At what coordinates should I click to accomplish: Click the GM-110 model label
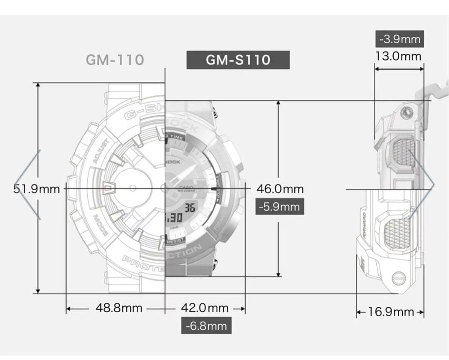tap(115, 59)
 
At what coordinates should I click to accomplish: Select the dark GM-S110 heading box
tap(238, 60)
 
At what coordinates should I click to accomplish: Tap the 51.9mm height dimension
tap(37, 189)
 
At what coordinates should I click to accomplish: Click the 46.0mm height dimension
tap(279, 189)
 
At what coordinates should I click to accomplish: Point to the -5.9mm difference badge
tap(279, 207)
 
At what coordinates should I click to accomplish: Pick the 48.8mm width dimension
tap(119, 308)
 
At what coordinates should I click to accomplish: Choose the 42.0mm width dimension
tap(205, 308)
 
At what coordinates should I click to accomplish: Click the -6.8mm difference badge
tap(206, 325)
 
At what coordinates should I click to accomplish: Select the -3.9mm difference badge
tap(400, 39)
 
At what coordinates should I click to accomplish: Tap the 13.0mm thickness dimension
tap(398, 56)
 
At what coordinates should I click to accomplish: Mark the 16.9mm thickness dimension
tap(391, 312)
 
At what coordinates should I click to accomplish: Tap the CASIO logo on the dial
tap(187, 187)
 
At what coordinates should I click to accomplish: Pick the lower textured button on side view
tap(397, 232)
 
